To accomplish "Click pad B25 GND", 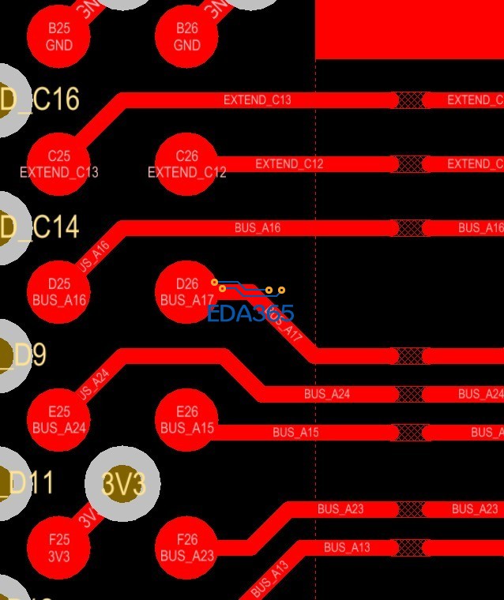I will click(59, 37).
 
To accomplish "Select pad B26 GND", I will click(186, 37).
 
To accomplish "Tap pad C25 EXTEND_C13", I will click(59, 165).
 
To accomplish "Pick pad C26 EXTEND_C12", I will click(186, 165).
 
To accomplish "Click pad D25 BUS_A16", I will click(59, 292).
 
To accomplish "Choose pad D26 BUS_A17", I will click(186, 292).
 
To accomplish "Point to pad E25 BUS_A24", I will click(59, 420).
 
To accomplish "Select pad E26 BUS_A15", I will click(186, 420).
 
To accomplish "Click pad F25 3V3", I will click(59, 548).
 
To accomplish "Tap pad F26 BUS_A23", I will click(186, 548).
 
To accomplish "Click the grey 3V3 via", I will click(123, 483).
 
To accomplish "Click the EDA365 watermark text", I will click(250, 313).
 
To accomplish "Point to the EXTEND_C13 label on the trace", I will click(258, 100).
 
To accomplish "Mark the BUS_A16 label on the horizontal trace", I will click(258, 228).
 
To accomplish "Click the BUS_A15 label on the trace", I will click(295, 433).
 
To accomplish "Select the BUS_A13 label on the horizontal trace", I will click(347, 547).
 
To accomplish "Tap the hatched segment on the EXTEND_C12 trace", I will click(410, 164).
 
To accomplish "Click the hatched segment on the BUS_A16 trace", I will click(410, 228).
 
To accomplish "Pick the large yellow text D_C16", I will click(39, 100).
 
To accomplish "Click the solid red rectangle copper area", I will click(409, 28).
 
